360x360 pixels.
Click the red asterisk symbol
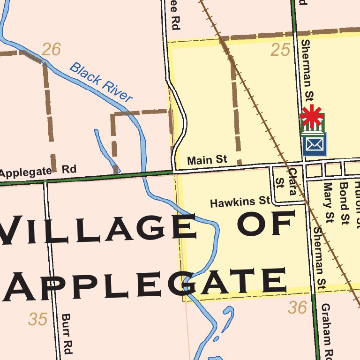(312, 116)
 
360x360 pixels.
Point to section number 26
(51, 49)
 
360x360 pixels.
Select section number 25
(280, 50)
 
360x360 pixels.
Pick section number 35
(37, 319)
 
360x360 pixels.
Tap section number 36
(298, 308)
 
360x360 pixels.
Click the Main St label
(207, 160)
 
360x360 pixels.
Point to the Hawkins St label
(240, 202)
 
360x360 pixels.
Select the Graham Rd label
(327, 330)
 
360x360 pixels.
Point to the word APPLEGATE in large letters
(145, 284)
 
